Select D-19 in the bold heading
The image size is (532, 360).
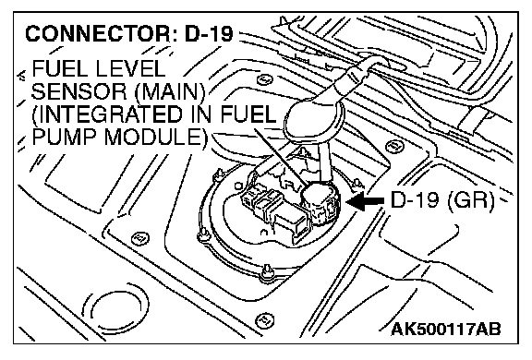click(x=209, y=33)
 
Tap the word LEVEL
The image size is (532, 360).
click(x=130, y=69)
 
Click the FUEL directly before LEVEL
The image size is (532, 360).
click(x=60, y=69)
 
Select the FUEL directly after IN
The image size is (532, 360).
click(x=248, y=114)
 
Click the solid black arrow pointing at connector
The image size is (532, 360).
click(x=365, y=201)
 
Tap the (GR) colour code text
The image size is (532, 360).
click(x=471, y=200)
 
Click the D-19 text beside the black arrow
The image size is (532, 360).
click(x=415, y=200)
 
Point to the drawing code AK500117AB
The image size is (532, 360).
click(x=446, y=330)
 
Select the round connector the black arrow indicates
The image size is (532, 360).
click(x=319, y=203)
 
